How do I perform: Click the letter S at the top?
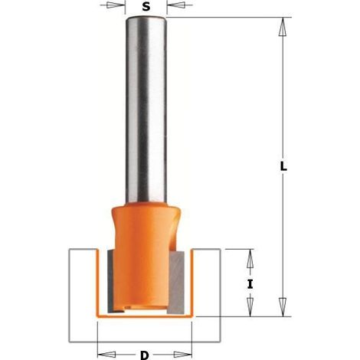coord(146,7)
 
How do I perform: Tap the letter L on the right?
coord(283,167)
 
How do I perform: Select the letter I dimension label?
coord(250,284)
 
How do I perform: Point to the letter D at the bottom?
coord(145,355)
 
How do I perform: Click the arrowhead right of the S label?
coord(176,5)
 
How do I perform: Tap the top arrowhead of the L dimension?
coord(283,27)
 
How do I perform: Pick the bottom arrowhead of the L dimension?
coord(283,307)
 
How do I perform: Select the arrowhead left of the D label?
coord(106,355)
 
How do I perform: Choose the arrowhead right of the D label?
coord(182,355)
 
